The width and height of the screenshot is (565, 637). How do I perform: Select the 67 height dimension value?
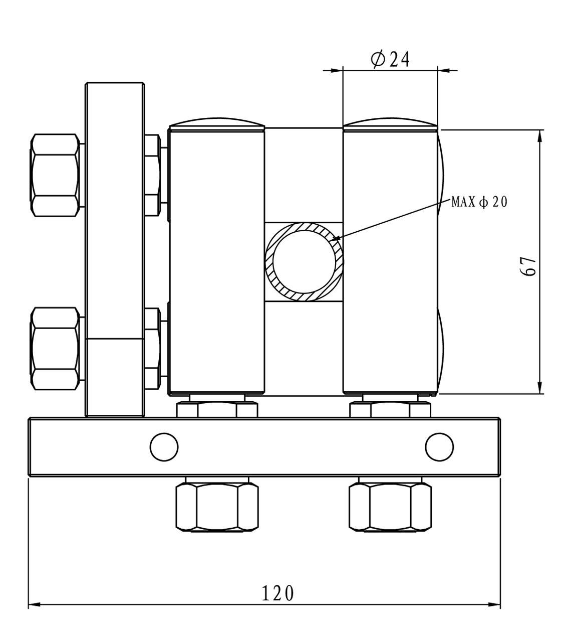click(528, 266)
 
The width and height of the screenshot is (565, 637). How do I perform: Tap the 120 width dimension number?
click(277, 593)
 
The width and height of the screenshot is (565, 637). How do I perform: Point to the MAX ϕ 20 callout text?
click(479, 202)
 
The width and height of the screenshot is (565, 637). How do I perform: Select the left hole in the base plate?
click(164, 447)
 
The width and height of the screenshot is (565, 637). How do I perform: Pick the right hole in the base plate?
click(439, 447)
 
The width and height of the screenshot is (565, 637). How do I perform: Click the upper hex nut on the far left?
click(55, 175)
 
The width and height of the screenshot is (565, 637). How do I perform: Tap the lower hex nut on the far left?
click(55, 349)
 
